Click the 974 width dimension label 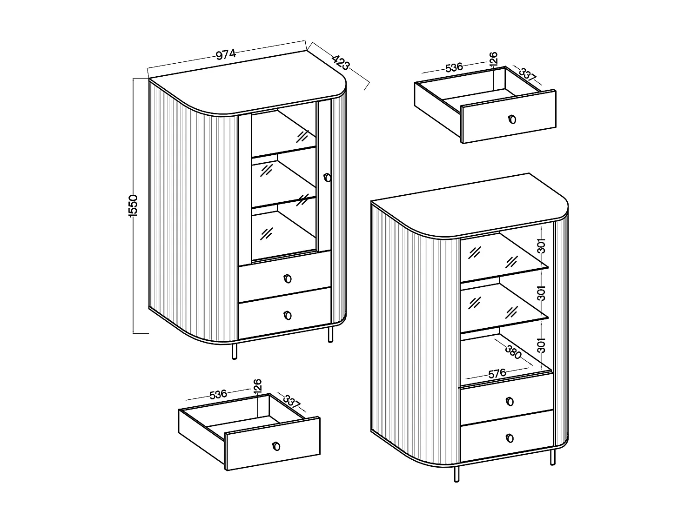(x=226, y=54)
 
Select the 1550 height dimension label (x=134, y=205)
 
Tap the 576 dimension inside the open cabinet (x=497, y=373)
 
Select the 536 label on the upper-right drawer (x=454, y=67)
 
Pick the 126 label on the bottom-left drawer (x=258, y=385)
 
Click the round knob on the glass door (x=327, y=177)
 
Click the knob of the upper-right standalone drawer (x=512, y=119)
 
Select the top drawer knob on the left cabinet (x=287, y=278)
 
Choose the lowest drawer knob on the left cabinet (x=287, y=316)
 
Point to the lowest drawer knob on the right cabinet (x=510, y=438)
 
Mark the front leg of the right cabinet (x=456, y=474)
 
